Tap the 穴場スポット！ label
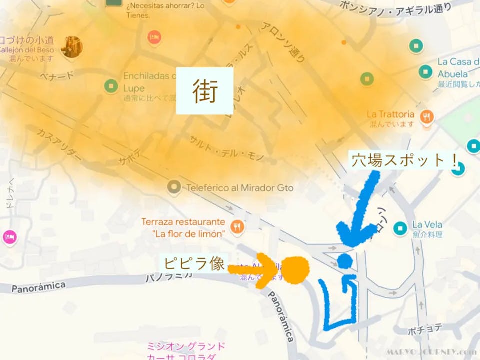(x=405, y=160)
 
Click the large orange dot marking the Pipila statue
(x=295, y=270)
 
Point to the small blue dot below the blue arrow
(x=344, y=260)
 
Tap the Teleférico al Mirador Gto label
(x=239, y=188)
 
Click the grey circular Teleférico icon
(x=174, y=188)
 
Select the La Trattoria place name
(x=390, y=114)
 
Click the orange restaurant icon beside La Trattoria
(x=427, y=117)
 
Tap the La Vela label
(x=427, y=225)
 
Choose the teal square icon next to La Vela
(x=400, y=229)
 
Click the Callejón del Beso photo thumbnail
(x=71, y=47)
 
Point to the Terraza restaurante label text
(x=183, y=221)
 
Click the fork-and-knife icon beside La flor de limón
(x=238, y=226)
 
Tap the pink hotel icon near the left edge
(x=9, y=236)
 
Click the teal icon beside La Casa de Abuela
(x=426, y=71)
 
